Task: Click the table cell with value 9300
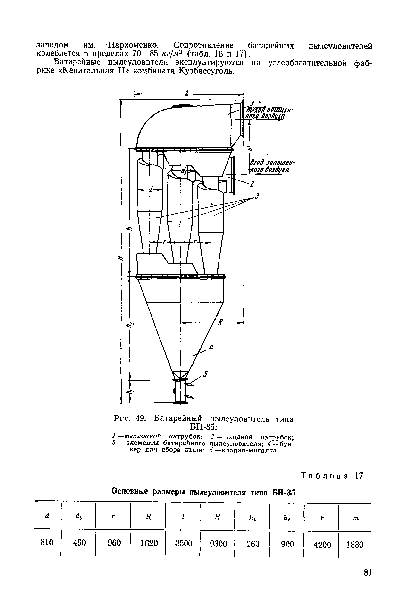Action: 218,543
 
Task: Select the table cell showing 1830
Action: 355,544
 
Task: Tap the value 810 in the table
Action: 47,542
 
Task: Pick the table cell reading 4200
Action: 322,544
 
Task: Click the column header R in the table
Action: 148,517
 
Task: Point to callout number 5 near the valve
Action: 206,374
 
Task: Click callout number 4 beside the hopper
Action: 211,348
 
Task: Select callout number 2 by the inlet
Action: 252,184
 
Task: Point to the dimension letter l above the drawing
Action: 187,93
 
